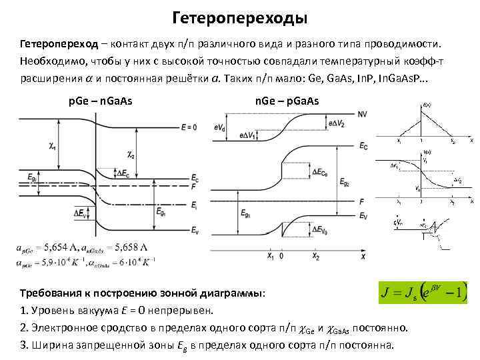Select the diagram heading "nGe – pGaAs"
pyautogui.click(x=287, y=101)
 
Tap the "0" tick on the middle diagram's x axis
pyautogui.click(x=281, y=255)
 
